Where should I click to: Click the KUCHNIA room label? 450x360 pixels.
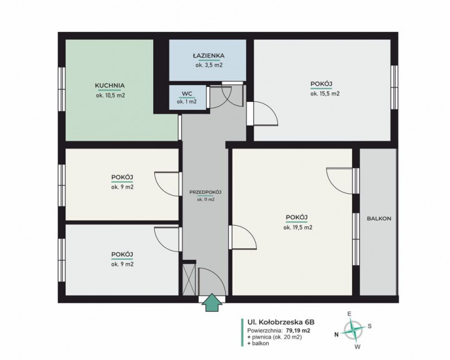pos(109,86)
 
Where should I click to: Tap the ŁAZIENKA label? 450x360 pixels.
pos(208,56)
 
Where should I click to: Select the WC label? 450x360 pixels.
pos(187,94)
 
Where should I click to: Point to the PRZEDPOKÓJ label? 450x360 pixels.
pos(206,192)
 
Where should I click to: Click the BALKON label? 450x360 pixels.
pos(379,219)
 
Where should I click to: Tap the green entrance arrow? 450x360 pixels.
pos(212,302)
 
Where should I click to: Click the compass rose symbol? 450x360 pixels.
pos(353,330)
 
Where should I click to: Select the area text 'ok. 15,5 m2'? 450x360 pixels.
pos(325,94)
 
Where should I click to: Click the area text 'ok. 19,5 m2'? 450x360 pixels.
pos(298,227)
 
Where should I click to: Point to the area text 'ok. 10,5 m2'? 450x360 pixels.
pos(111,95)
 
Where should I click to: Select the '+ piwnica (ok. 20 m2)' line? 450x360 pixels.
pos(274,337)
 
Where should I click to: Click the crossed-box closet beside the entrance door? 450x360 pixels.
pos(189,279)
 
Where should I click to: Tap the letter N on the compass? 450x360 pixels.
pos(336,334)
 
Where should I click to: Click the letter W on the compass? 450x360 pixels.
pos(357,347)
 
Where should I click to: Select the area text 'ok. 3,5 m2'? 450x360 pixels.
pos(209,65)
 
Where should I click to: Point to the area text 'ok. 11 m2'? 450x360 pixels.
pos(206,199)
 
